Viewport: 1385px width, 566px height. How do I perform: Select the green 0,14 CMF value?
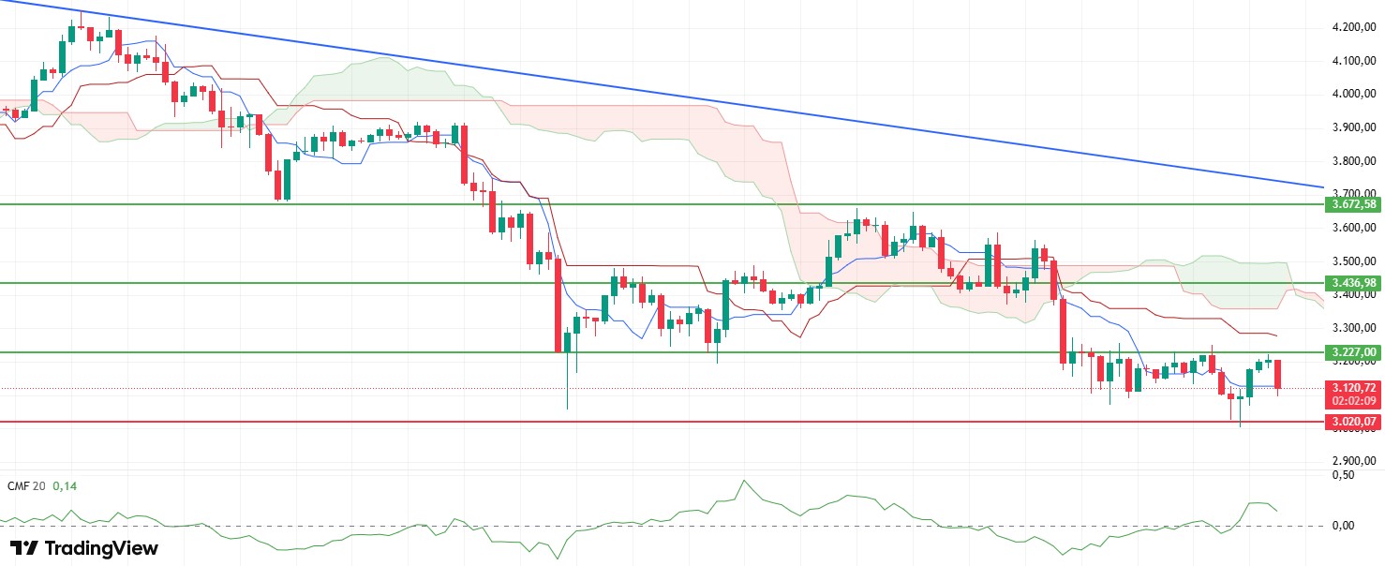click(64, 486)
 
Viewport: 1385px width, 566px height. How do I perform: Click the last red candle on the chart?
click(1279, 375)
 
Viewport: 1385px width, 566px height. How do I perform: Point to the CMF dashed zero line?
click(656, 525)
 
